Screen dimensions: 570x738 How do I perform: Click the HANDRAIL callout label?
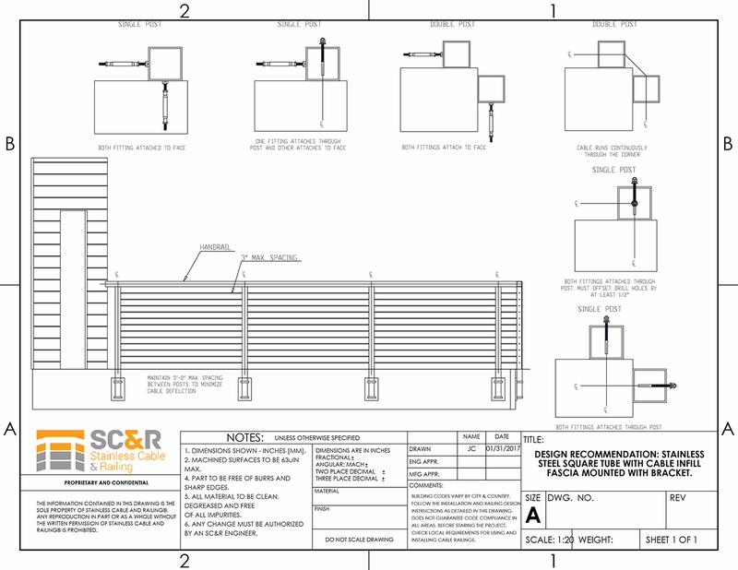(215, 248)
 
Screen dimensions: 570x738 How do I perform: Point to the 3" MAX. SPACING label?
(269, 257)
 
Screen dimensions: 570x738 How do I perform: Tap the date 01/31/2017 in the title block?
(502, 448)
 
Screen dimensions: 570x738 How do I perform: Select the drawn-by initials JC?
(470, 448)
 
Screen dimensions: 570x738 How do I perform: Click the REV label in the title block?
(675, 497)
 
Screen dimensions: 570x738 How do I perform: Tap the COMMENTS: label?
(426, 484)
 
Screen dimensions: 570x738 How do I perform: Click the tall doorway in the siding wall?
(76, 295)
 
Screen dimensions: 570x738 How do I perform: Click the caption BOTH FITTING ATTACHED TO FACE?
(144, 147)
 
